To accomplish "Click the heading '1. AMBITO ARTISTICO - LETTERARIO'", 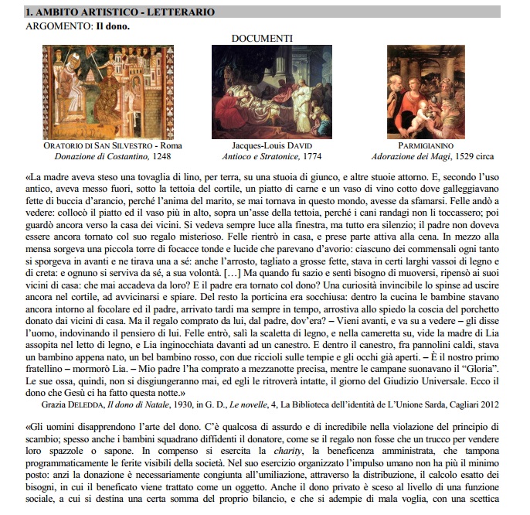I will (120, 12).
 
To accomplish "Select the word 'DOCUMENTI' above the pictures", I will (262, 38).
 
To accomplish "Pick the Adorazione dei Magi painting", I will (420, 92).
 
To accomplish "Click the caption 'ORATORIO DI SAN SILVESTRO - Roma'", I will (113, 145).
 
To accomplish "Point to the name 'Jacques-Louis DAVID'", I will (261, 145).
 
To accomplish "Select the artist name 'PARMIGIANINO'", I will (421, 145).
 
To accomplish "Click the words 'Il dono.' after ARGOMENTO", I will (112, 26).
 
